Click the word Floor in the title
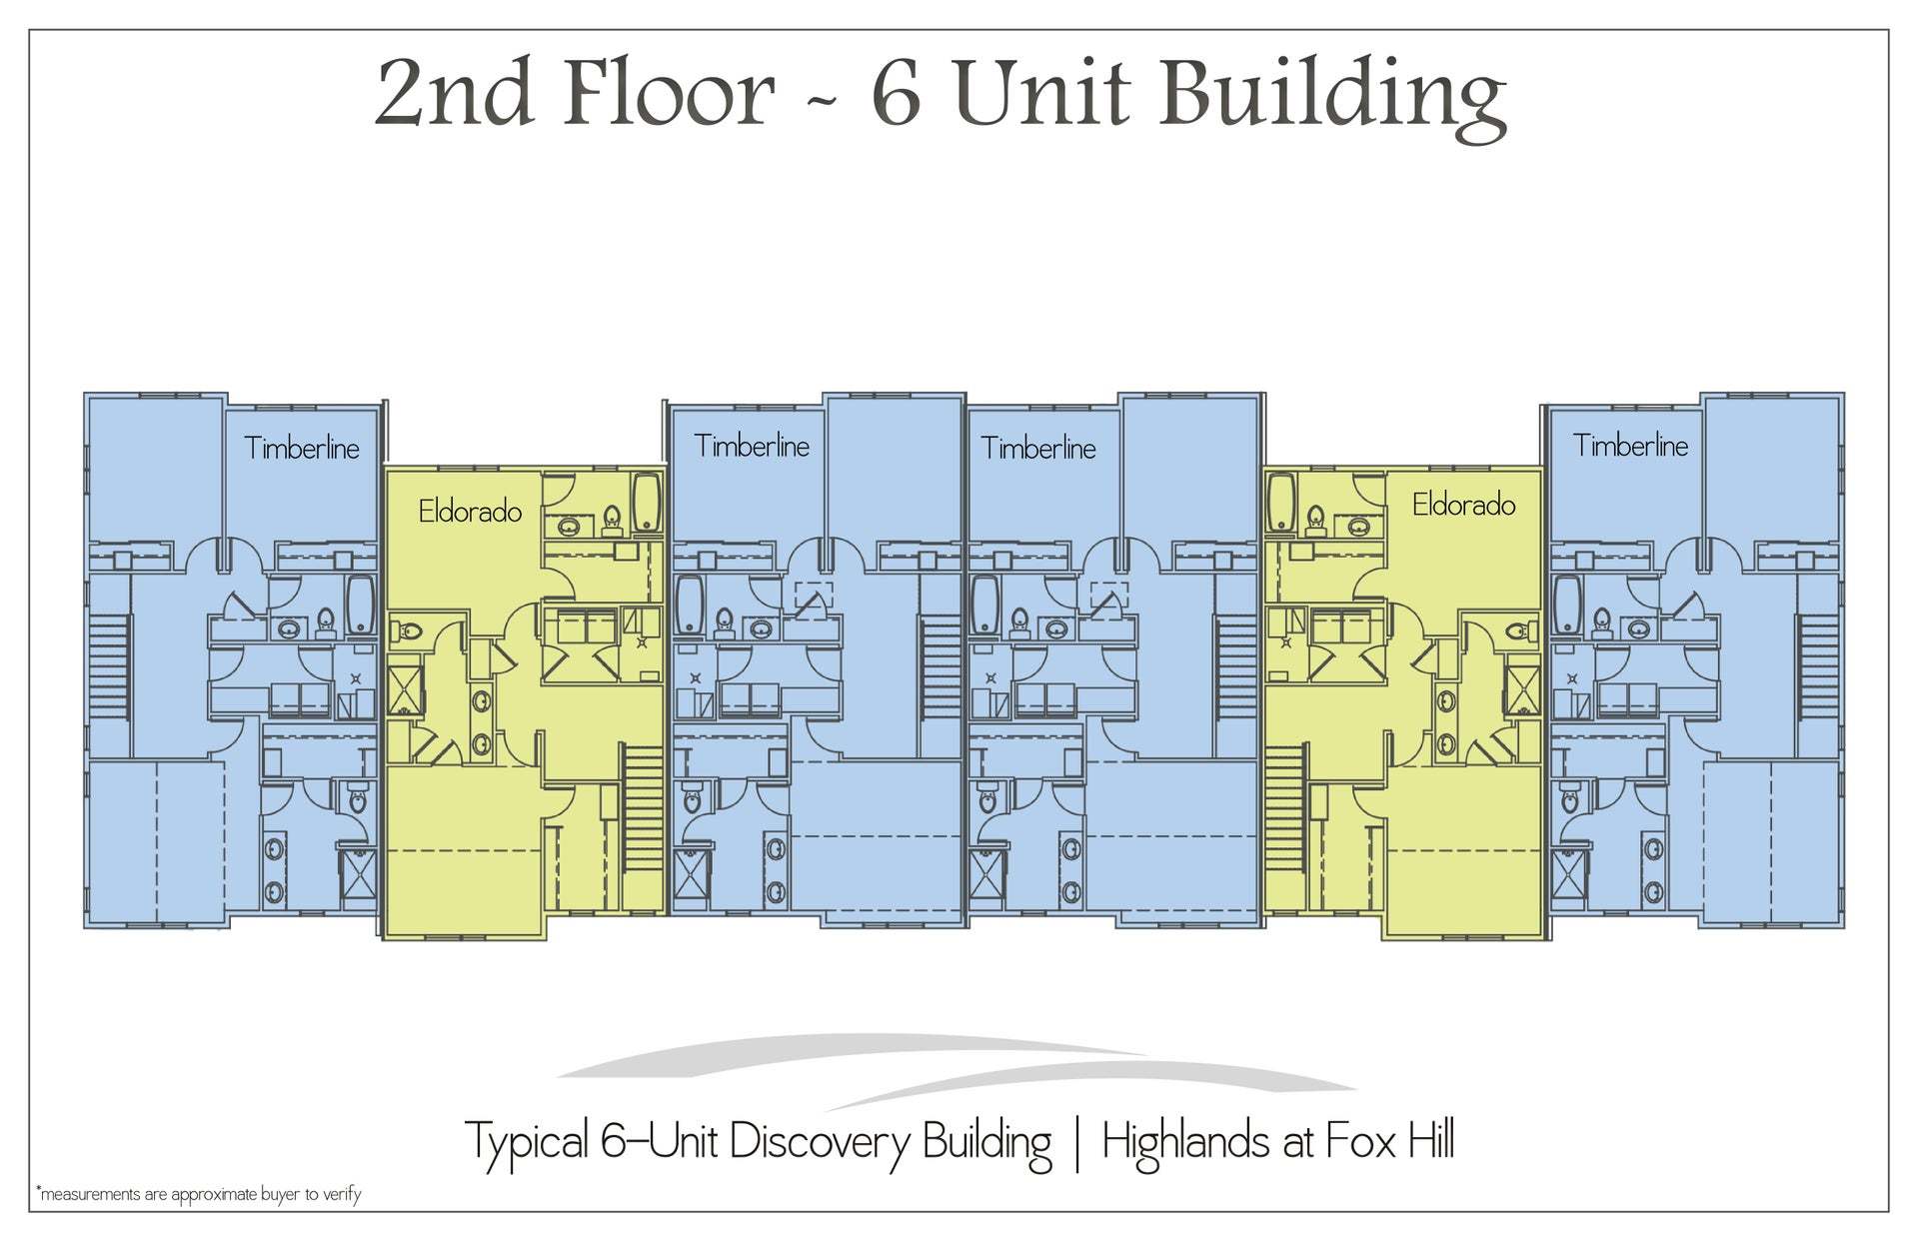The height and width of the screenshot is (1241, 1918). click(668, 92)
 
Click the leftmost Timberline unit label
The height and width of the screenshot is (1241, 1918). click(301, 448)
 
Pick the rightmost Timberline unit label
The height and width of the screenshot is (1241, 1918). click(1630, 446)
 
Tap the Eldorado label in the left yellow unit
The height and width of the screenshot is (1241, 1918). click(470, 512)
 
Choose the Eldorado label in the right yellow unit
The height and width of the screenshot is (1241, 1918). click(1463, 506)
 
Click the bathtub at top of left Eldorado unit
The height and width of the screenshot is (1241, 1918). click(647, 503)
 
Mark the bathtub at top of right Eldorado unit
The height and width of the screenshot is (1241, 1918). click(1281, 503)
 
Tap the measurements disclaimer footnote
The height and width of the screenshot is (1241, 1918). click(198, 1194)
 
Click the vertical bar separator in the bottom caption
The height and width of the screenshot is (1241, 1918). click(1076, 1144)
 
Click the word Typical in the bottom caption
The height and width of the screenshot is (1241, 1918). click(527, 1142)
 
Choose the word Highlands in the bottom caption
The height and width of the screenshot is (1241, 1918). click(1185, 1142)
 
